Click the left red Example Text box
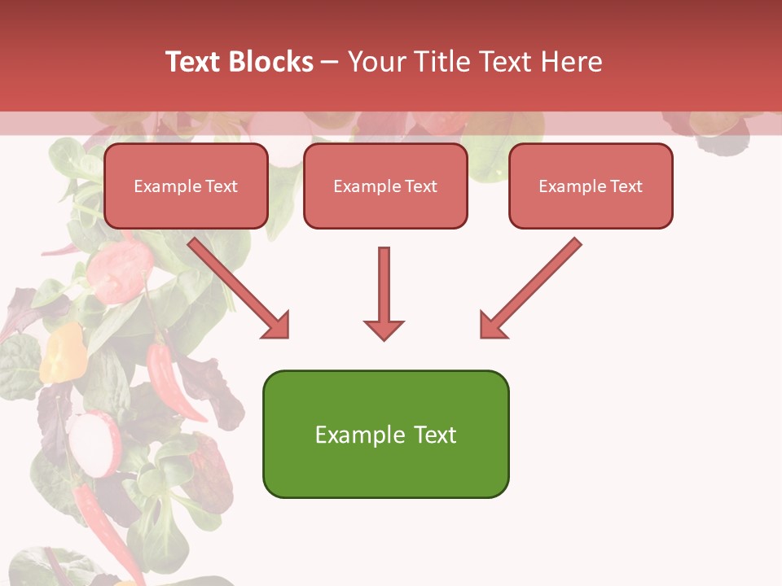pyautogui.click(x=186, y=186)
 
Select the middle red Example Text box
pyautogui.click(x=385, y=186)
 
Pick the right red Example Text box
pyautogui.click(x=591, y=186)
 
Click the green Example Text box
pyautogui.click(x=385, y=434)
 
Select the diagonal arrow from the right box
pyautogui.click(x=534, y=284)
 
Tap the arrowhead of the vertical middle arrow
pyautogui.click(x=384, y=330)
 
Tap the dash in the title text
pyautogui.click(x=330, y=62)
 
